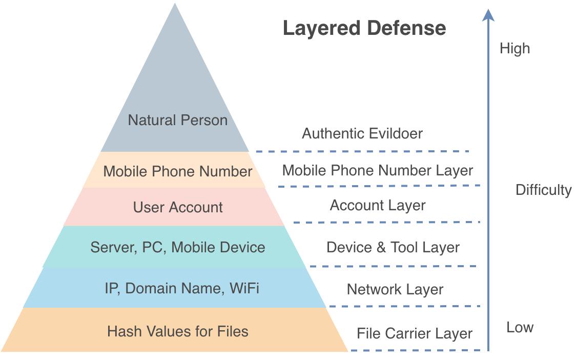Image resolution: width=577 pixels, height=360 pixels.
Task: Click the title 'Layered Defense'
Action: [x=364, y=28]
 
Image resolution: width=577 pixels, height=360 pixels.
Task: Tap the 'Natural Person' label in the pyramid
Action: [x=178, y=121]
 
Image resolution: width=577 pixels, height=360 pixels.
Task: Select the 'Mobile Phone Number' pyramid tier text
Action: [x=178, y=171]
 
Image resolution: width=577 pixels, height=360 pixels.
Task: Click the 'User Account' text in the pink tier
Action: [x=178, y=207]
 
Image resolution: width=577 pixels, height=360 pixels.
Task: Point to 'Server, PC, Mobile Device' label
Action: [x=178, y=247]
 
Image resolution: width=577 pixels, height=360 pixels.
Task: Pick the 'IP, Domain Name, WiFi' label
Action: [x=182, y=288]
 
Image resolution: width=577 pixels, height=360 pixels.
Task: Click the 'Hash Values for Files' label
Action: [x=178, y=331]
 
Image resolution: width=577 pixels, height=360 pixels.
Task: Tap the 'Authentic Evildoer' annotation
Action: [x=362, y=134]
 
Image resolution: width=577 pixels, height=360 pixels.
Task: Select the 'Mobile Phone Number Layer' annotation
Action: [x=378, y=170]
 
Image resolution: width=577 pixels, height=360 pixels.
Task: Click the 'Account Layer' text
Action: [x=378, y=206]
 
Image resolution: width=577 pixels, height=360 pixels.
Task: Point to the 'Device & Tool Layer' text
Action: [x=393, y=247]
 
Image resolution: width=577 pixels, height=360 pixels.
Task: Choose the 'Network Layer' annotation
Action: [x=395, y=289]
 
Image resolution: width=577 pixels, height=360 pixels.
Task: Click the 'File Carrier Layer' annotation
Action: [x=415, y=333]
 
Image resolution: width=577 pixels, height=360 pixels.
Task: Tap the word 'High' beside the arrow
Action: [x=514, y=49]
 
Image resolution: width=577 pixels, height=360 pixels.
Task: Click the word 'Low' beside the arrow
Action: [x=520, y=328]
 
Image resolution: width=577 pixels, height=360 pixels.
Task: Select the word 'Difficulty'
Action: [x=543, y=190]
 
